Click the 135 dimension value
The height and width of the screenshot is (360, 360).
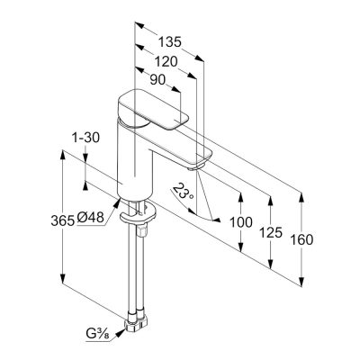[170, 42]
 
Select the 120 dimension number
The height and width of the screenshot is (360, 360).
[166, 62]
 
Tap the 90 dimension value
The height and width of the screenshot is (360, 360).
[157, 79]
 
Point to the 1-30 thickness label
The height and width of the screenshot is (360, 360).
[85, 138]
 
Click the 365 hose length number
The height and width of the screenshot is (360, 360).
[63, 221]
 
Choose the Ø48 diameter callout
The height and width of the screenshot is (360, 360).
[90, 217]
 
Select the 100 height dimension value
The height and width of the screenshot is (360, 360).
[241, 222]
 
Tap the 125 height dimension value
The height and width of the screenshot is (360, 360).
[271, 232]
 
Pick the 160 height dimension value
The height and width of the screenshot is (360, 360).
[301, 239]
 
